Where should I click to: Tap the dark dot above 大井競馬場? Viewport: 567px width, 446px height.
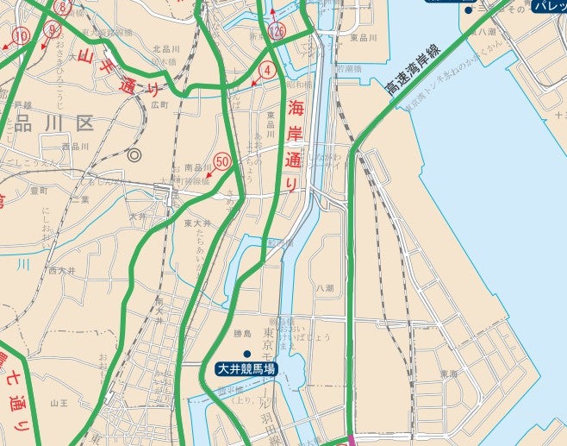246,355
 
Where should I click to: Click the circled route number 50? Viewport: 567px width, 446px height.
223,160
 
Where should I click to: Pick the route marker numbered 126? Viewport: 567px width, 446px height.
276,31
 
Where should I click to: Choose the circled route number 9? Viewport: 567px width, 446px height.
53,29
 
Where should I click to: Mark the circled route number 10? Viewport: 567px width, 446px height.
22,35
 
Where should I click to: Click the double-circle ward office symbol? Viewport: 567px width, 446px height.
134,156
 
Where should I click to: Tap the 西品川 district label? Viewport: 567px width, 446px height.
75,147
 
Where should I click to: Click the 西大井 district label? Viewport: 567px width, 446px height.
63,270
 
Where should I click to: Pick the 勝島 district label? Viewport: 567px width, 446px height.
242,333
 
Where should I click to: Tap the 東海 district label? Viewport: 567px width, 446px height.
449,374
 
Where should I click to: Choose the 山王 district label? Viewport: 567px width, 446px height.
59,402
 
